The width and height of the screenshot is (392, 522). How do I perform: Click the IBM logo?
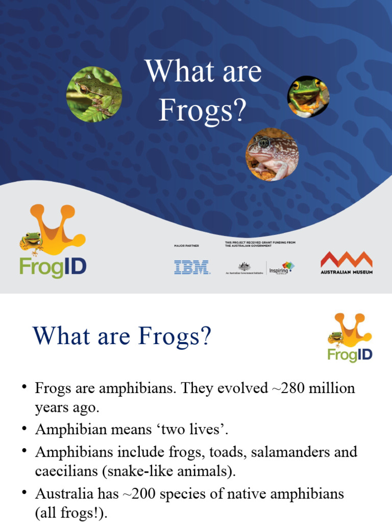click(x=192, y=268)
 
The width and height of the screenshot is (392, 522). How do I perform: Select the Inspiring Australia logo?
click(x=282, y=268)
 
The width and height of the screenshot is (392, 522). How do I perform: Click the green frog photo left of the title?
click(x=94, y=94)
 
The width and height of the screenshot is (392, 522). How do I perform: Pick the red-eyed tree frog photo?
click(x=308, y=97)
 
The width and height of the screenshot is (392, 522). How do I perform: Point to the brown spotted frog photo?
click(x=272, y=154)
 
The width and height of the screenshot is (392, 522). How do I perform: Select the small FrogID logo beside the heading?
click(x=350, y=337)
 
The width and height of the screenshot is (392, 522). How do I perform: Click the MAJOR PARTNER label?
click(x=186, y=246)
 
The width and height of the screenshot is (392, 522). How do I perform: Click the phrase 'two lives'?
click(x=196, y=430)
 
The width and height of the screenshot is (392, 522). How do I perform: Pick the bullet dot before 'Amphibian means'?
click(x=24, y=429)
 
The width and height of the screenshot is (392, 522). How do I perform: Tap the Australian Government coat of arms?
click(x=244, y=267)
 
